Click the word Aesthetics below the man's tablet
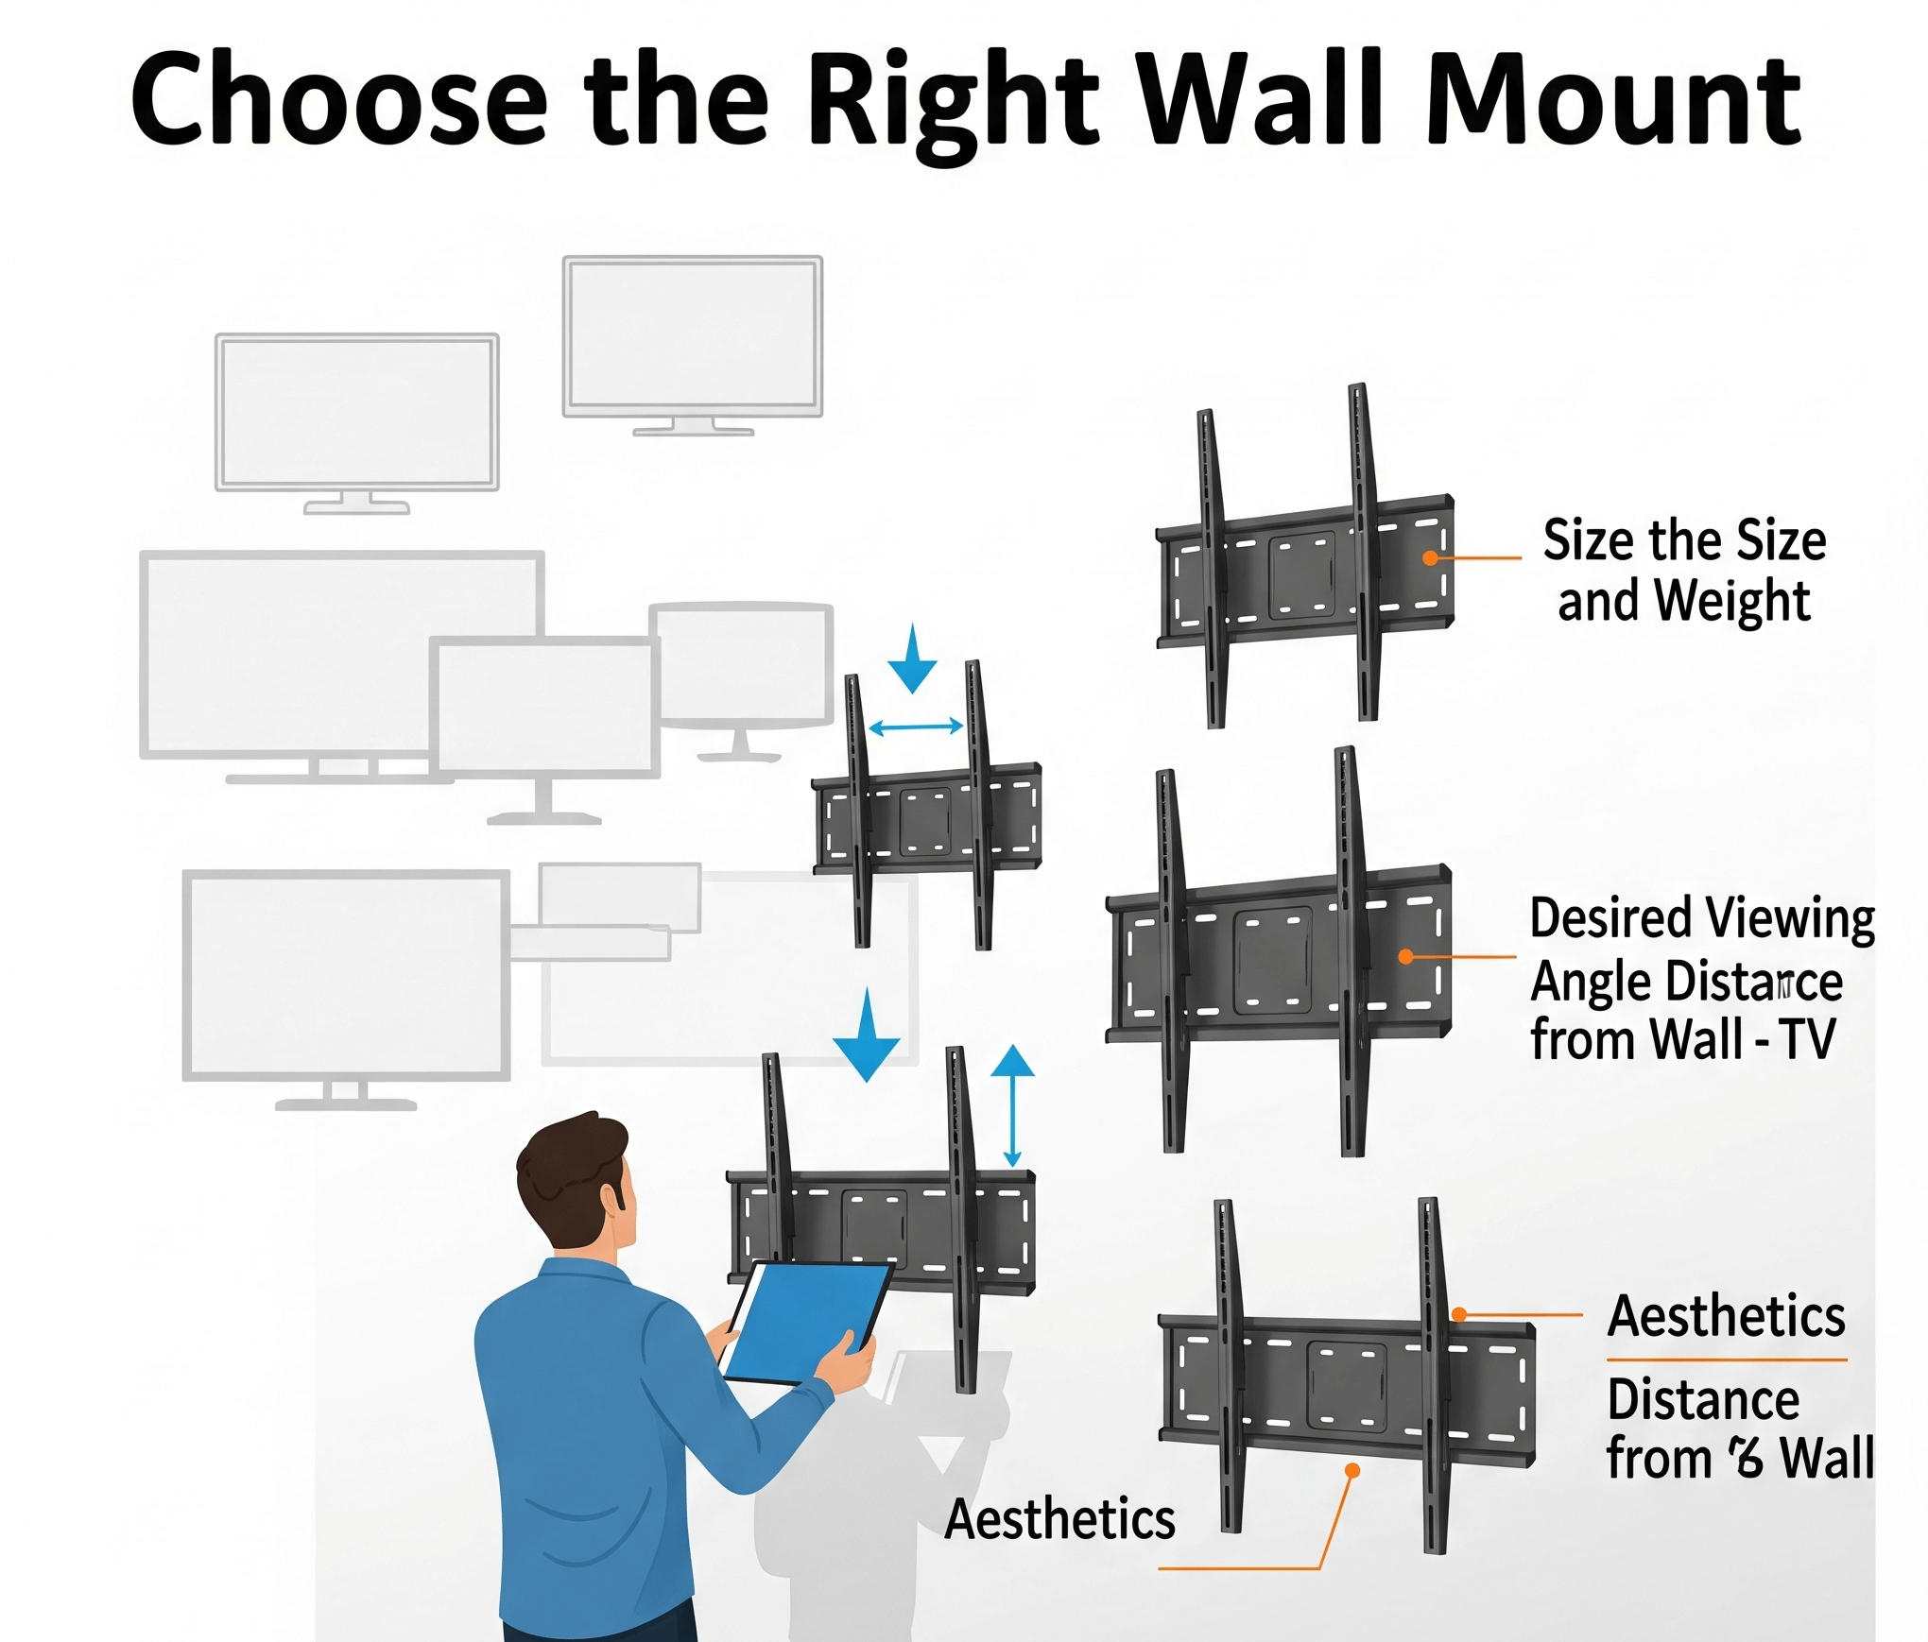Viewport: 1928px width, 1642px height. pyautogui.click(x=1059, y=1519)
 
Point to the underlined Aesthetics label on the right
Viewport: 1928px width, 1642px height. pyautogui.click(x=1726, y=1316)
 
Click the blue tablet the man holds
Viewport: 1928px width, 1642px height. pyautogui.click(x=805, y=1323)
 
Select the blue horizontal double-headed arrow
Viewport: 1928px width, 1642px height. pyautogui.click(x=915, y=727)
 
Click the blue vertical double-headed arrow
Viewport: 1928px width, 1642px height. pyautogui.click(x=1012, y=1105)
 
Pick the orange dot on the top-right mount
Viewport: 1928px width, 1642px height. pyautogui.click(x=1431, y=558)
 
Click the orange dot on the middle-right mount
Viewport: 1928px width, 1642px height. pyautogui.click(x=1406, y=957)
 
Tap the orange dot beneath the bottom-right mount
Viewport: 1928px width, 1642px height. pyautogui.click(x=1352, y=1471)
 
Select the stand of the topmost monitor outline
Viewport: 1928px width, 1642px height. pyautogui.click(x=693, y=427)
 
